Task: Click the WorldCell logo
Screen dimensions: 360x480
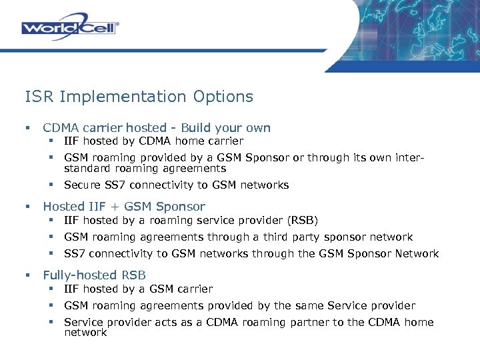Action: pos(70,28)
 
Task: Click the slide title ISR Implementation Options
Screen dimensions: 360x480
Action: pos(139,97)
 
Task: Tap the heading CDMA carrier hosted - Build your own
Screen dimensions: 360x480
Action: pos(157,127)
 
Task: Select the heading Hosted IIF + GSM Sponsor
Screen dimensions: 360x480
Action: pos(124,207)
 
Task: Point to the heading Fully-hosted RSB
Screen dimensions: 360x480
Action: pos(94,275)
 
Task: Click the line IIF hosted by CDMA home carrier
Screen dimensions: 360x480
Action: pos(153,141)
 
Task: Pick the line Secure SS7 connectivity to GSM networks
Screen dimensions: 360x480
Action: pos(176,185)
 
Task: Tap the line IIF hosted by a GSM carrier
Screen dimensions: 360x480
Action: pos(138,289)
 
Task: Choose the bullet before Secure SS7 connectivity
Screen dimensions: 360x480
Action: pos(50,185)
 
